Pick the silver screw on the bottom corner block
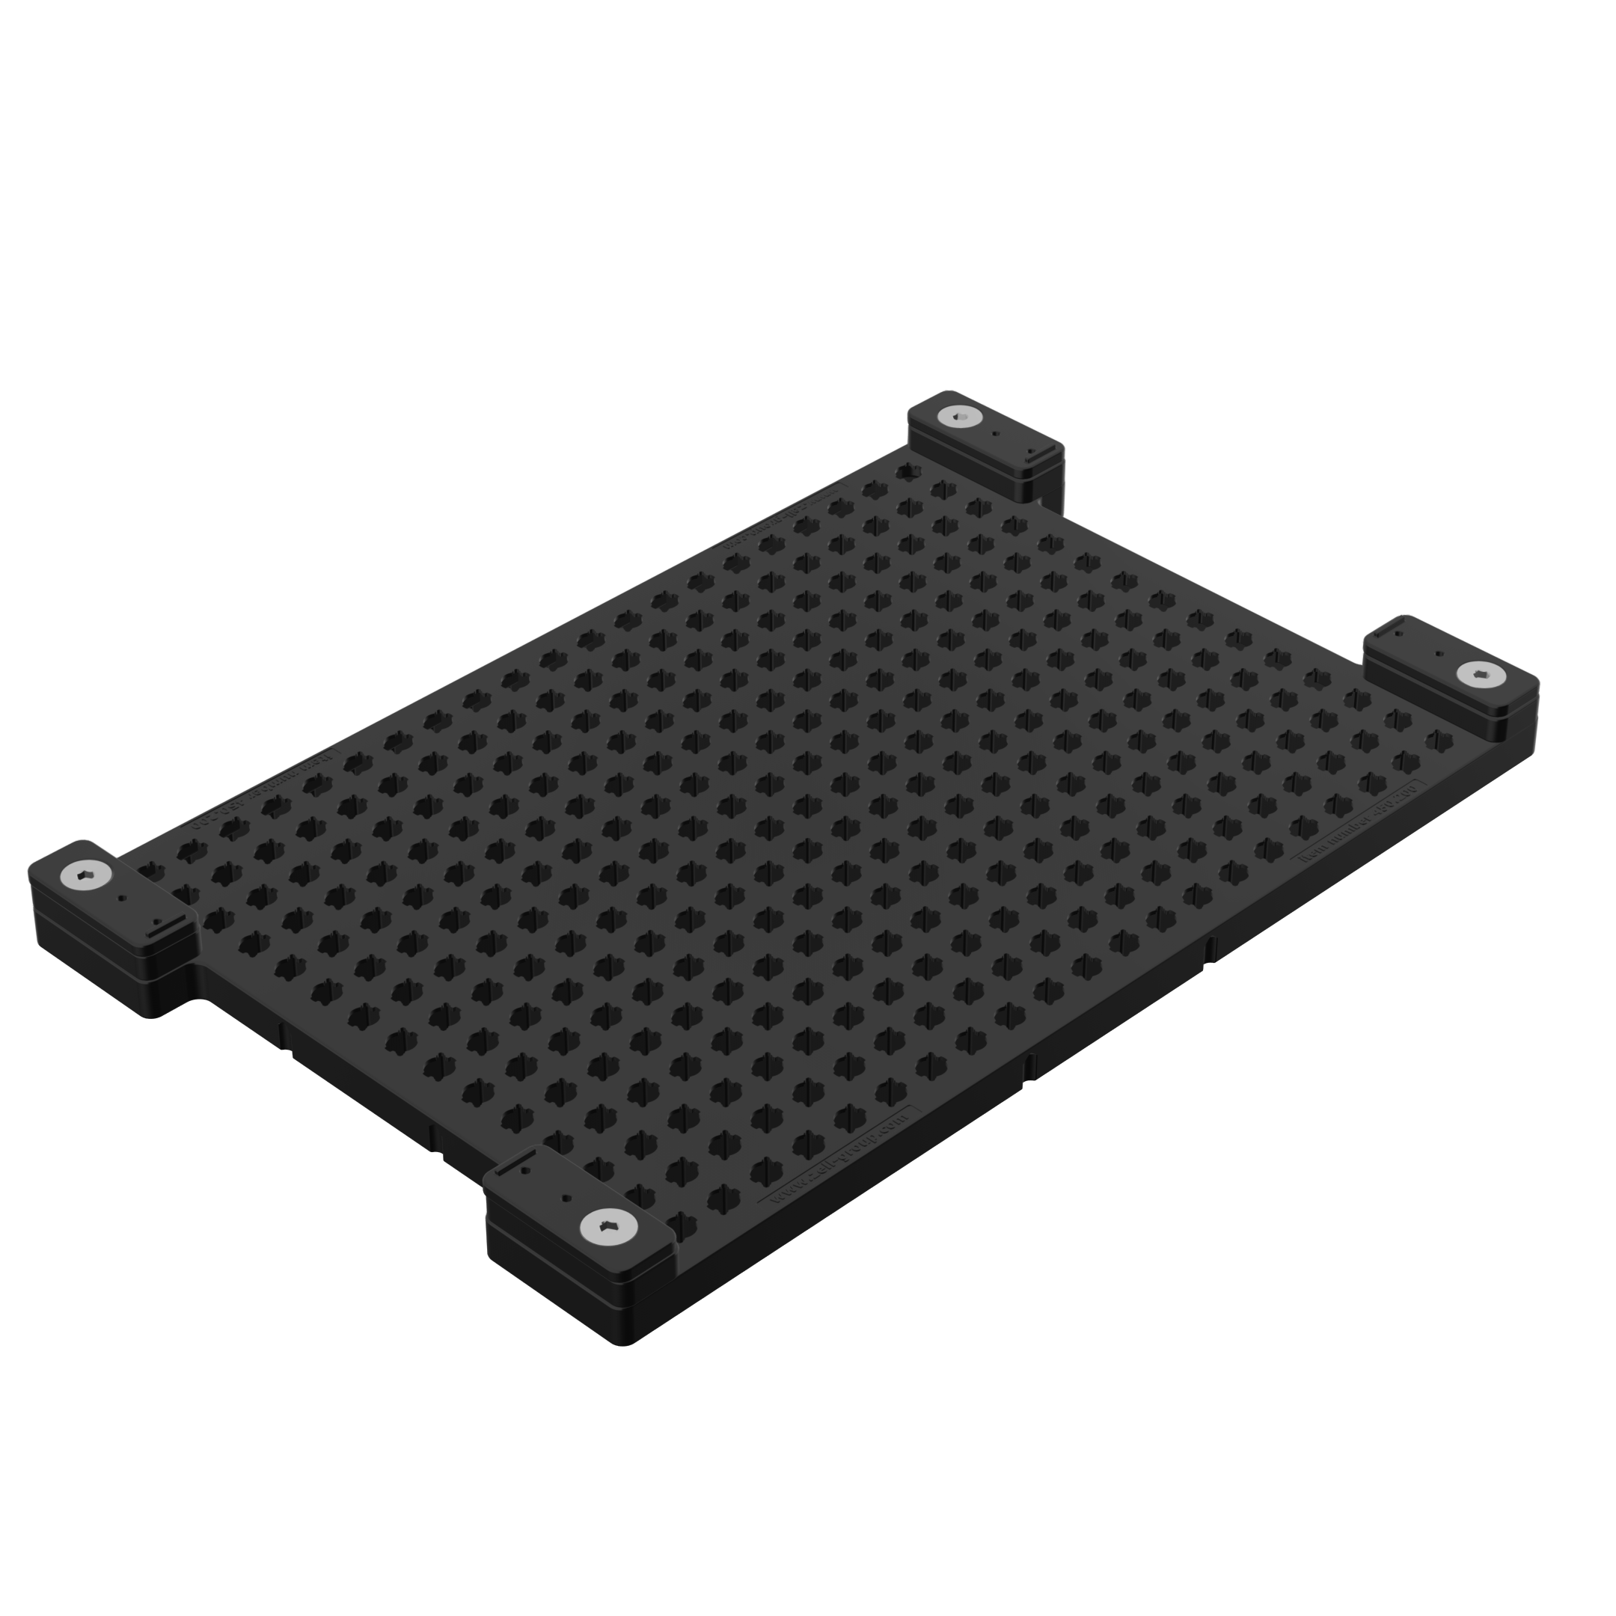click(x=608, y=1227)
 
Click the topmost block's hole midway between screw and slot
click(x=994, y=433)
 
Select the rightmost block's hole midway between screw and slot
click(x=1439, y=653)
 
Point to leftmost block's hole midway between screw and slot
click(x=122, y=898)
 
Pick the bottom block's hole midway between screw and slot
click(x=566, y=1198)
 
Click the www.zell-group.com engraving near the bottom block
click(x=836, y=1160)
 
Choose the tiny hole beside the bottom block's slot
click(x=524, y=1171)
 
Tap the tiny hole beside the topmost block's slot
click(x=1030, y=450)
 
